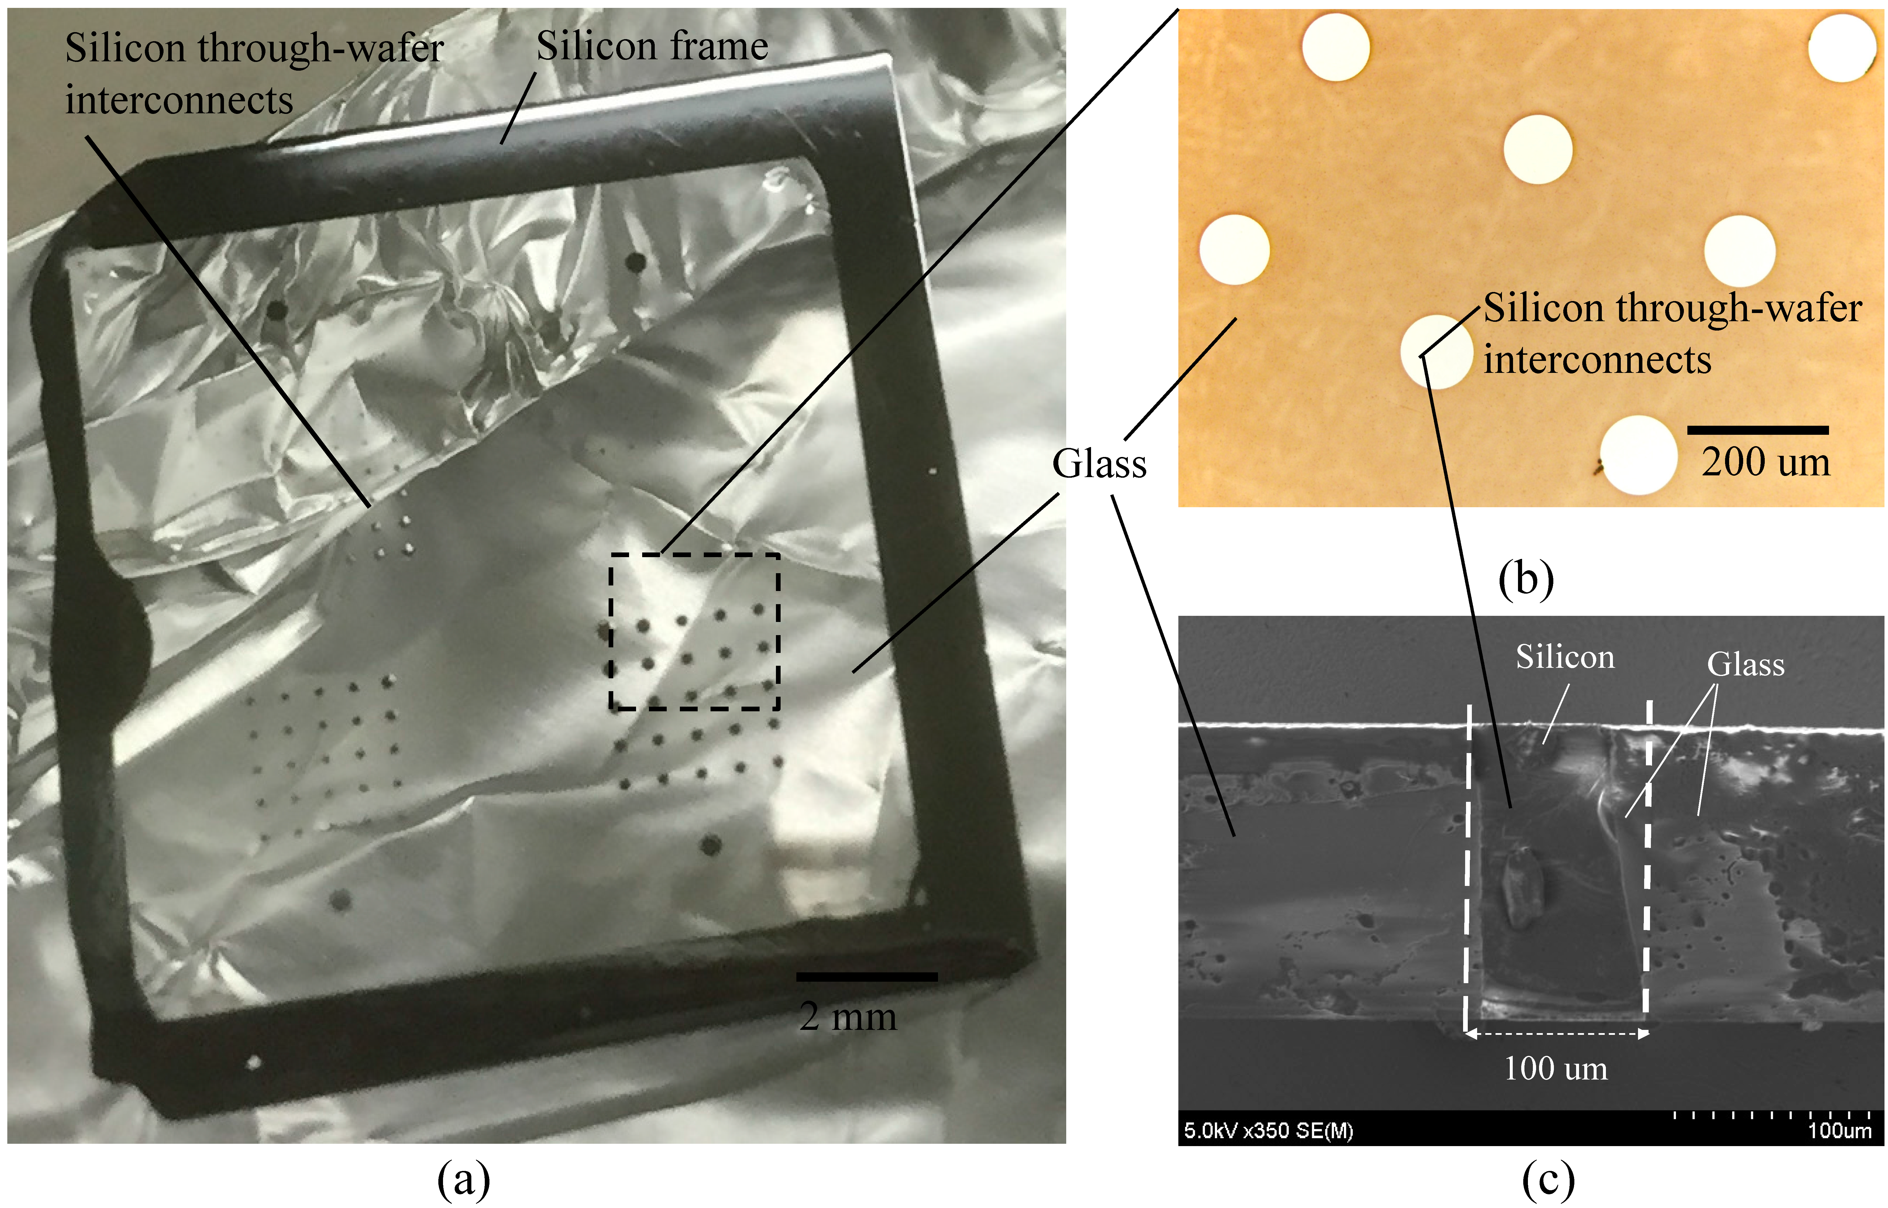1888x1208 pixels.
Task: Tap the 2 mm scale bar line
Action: click(867, 977)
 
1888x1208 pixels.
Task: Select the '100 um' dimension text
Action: click(1555, 1068)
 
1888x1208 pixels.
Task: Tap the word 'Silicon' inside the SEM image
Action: click(1565, 657)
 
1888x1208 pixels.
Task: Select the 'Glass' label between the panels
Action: click(1099, 464)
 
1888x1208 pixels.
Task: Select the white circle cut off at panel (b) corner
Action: click(1843, 47)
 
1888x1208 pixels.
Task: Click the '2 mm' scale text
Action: click(848, 1017)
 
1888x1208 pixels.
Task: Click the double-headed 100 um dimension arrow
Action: click(1557, 1034)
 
